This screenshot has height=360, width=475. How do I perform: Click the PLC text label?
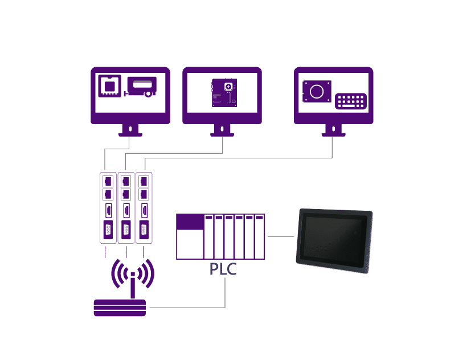pos(223,269)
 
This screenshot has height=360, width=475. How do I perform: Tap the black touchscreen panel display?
pos(334,240)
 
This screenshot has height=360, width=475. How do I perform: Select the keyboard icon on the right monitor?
pos(351,101)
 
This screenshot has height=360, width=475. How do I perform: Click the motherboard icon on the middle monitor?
pos(224,93)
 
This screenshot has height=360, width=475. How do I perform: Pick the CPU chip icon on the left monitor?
pos(110,86)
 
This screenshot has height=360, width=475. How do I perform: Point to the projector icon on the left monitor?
pos(141,87)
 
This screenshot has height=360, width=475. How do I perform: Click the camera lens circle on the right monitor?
pos(317,91)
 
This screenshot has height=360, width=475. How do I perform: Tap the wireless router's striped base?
pos(120,308)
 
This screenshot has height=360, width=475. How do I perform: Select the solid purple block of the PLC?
pos(190,222)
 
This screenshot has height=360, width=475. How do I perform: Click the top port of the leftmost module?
pos(108,181)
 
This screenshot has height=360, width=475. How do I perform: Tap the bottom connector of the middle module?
pos(126,230)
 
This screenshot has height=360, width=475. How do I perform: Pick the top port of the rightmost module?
pos(144,181)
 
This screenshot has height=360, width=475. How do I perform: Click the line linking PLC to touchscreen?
pos(281,236)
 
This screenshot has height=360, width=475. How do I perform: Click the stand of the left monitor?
pos(130,130)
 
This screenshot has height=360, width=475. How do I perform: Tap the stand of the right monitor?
pos(334,130)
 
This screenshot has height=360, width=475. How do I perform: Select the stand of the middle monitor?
pos(222,130)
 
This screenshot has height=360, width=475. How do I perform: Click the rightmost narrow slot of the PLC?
pos(260,236)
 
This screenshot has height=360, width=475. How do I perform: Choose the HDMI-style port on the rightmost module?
pos(145,211)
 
